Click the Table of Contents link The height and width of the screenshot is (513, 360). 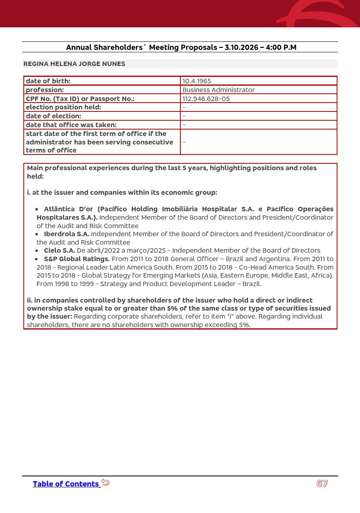pyautogui.click(x=66, y=484)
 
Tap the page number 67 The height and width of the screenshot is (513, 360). pyautogui.click(x=322, y=484)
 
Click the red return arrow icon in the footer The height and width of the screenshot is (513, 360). pyautogui.click(x=106, y=482)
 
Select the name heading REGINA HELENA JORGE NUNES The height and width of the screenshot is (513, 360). pyautogui.click(x=74, y=64)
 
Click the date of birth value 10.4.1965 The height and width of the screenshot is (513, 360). pyautogui.click(x=197, y=81)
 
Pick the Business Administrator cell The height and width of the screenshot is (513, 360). pyautogui.click(x=218, y=90)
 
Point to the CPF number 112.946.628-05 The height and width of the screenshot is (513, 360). pyautogui.click(x=206, y=99)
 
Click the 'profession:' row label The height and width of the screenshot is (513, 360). pyautogui.click(x=45, y=90)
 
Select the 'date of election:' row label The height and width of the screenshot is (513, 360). pyautogui.click(x=53, y=116)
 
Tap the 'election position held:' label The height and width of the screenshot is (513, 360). pyautogui.click(x=63, y=107)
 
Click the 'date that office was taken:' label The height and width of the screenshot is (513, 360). pyautogui.click(x=71, y=125)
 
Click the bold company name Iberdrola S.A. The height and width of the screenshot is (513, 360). pyautogui.click(x=66, y=234)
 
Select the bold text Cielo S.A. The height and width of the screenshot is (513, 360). pyautogui.click(x=59, y=250)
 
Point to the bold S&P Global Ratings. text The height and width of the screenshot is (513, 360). pyautogui.click(x=77, y=259)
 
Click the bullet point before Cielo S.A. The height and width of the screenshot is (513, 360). pyautogui.click(x=37, y=251)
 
